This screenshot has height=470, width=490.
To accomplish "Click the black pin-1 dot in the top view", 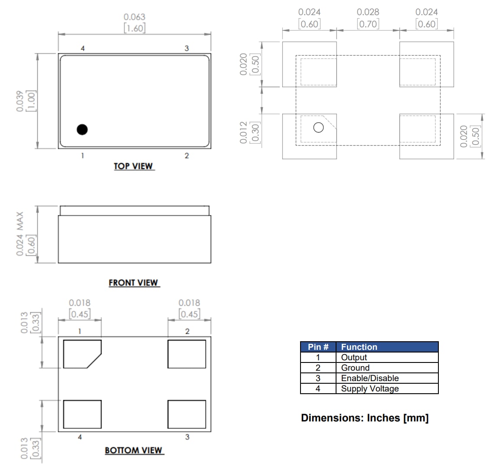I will (x=82, y=129).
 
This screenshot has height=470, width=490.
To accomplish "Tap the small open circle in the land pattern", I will (x=318, y=127).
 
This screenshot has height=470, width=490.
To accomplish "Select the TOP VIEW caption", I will (x=133, y=166).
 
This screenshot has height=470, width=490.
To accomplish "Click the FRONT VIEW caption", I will (x=133, y=283).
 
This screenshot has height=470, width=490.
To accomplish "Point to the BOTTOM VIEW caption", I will (x=134, y=450).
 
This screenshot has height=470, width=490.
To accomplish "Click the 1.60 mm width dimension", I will (x=134, y=28).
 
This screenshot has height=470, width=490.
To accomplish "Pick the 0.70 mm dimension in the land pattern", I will (x=368, y=24).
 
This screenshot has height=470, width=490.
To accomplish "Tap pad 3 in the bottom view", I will (x=186, y=414).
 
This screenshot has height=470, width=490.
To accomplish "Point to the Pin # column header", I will (x=318, y=347).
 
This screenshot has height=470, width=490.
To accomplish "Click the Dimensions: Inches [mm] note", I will (x=365, y=418).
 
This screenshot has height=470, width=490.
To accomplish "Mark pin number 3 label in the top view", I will (x=186, y=48).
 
